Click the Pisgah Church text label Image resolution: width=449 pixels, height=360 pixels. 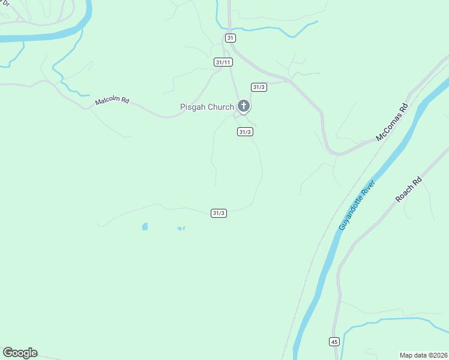(207, 107)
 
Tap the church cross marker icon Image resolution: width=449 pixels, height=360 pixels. (243, 106)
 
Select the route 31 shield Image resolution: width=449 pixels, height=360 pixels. (231, 38)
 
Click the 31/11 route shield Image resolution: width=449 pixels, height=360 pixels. (223, 62)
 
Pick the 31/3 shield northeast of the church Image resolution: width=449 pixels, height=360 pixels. (259, 87)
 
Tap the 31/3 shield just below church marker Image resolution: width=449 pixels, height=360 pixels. (244, 132)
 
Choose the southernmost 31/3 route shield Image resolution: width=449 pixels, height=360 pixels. (218, 213)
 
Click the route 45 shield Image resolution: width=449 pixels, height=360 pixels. (334, 341)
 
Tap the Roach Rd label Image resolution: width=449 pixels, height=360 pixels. (409, 189)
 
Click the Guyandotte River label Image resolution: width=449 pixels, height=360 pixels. (357, 205)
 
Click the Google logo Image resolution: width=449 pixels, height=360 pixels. (20, 353)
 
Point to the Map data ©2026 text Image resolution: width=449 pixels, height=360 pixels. (423, 355)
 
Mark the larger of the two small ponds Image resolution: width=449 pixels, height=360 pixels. (145, 227)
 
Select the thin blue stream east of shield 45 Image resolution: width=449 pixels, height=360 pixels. (390, 321)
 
